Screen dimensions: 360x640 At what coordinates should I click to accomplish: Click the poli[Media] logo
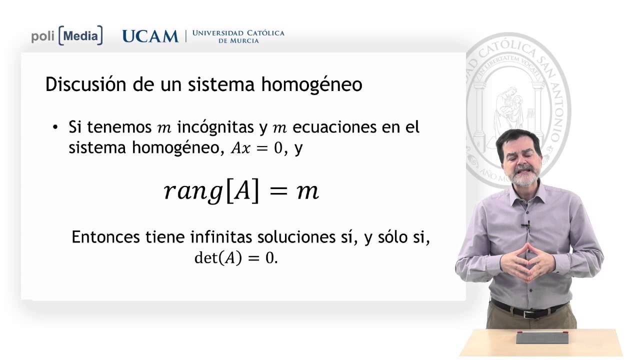(67, 36)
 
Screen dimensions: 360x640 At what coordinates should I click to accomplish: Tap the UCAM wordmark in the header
(150, 36)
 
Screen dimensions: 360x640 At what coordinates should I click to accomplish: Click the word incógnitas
(215, 127)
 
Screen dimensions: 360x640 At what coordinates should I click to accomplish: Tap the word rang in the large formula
(192, 192)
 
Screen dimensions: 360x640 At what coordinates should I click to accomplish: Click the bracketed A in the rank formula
(242, 191)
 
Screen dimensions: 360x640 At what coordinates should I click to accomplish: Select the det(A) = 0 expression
(235, 258)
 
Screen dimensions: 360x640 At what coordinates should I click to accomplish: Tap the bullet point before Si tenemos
(55, 127)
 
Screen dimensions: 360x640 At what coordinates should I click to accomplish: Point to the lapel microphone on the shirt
(526, 224)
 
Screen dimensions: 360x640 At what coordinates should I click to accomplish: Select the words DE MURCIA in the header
(238, 41)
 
